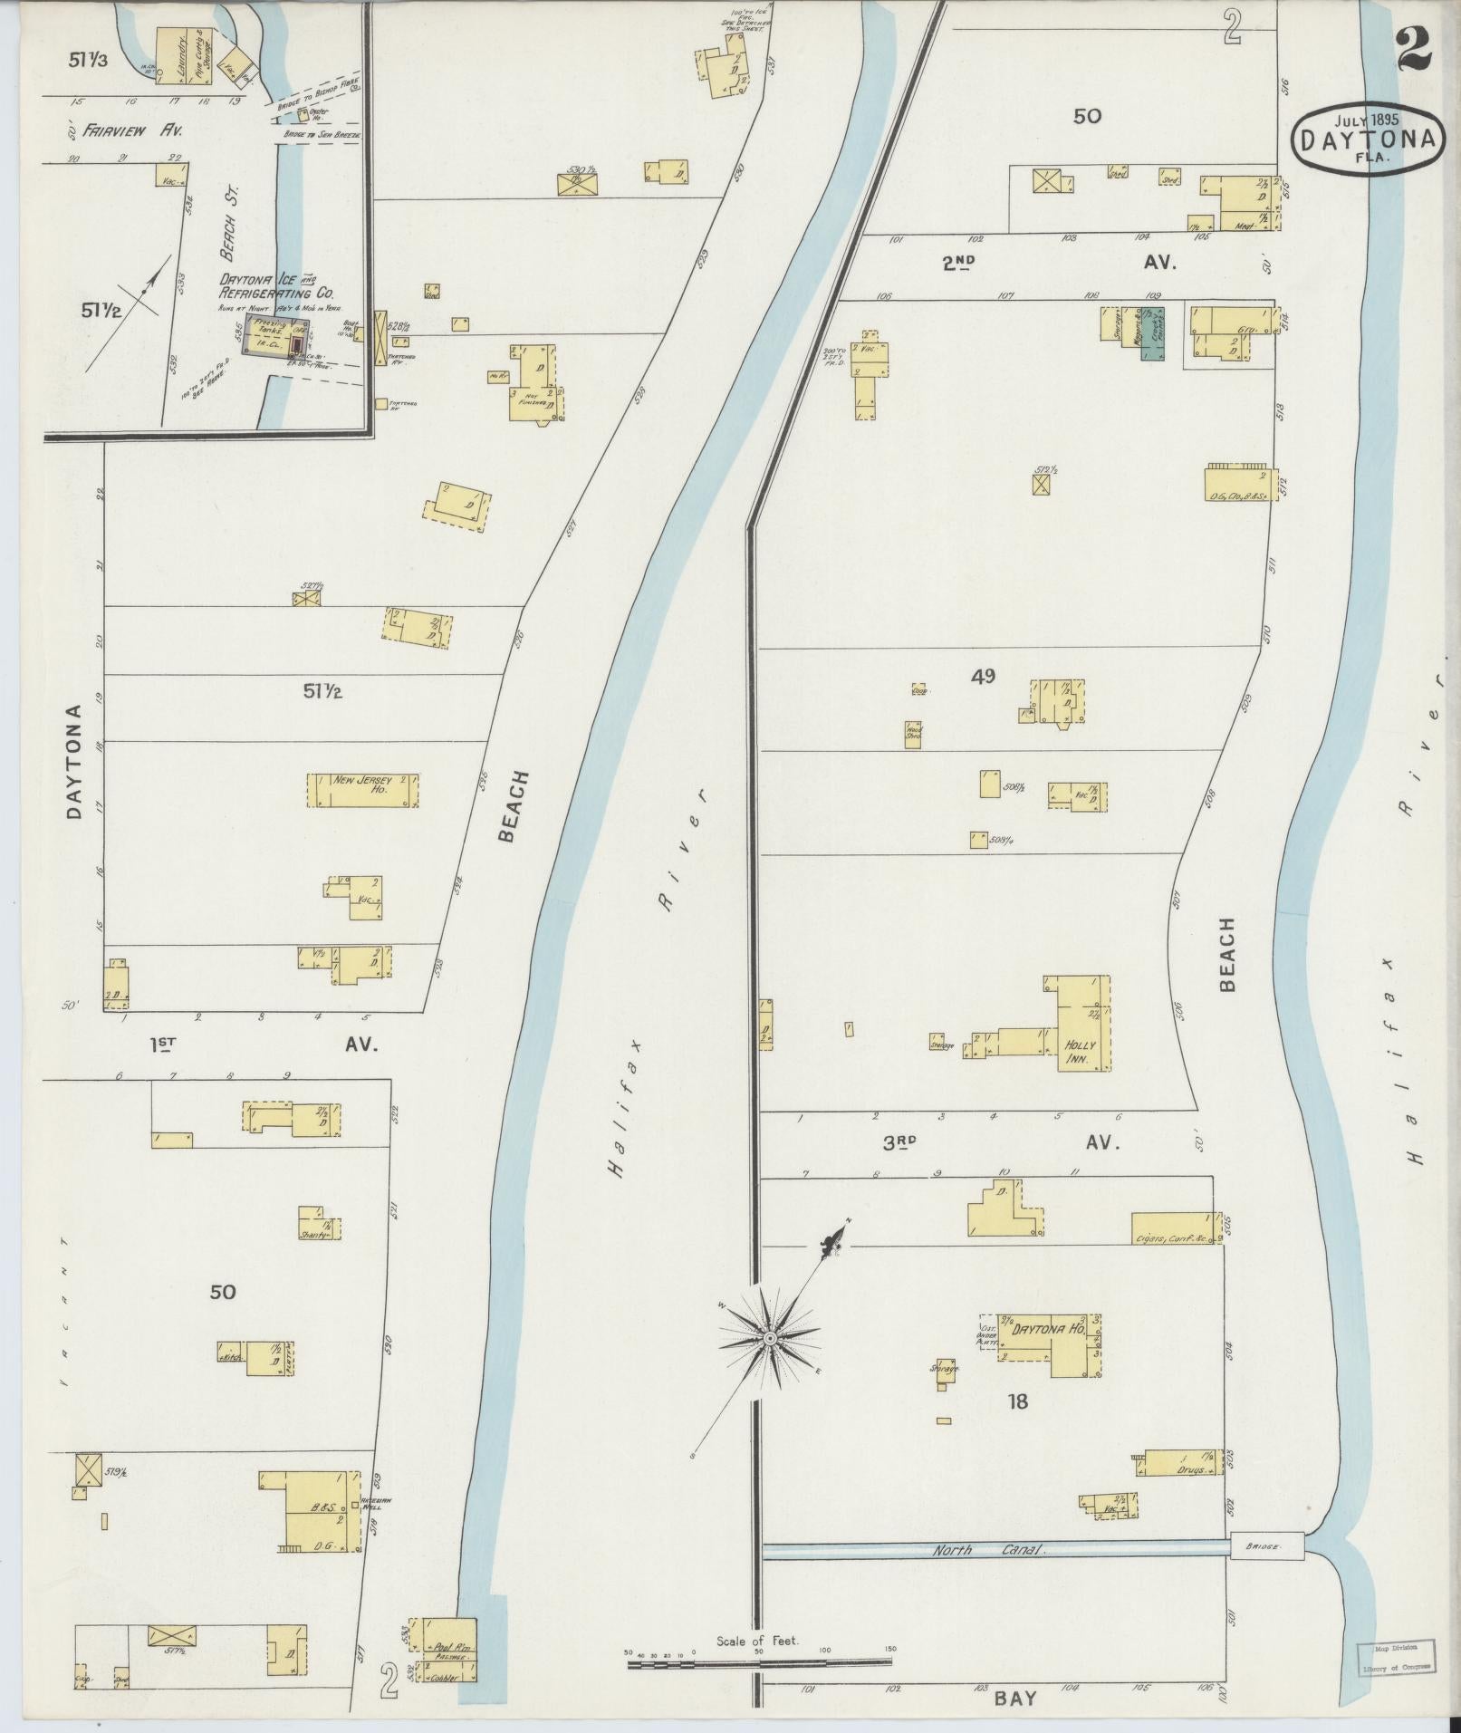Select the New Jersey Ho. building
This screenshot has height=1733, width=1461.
(x=362, y=785)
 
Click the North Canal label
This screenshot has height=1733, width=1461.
(x=989, y=1550)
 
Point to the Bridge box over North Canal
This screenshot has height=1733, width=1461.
(x=1266, y=1546)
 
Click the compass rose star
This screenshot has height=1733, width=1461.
(x=769, y=1338)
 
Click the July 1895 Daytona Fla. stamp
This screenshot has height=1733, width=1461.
(x=1368, y=138)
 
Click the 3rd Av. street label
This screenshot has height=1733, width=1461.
(x=1001, y=1143)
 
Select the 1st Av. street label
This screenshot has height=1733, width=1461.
(x=263, y=1045)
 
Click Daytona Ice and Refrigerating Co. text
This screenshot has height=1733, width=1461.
(x=276, y=286)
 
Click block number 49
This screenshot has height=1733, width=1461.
(x=983, y=675)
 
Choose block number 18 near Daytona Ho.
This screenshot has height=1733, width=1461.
(x=1017, y=1401)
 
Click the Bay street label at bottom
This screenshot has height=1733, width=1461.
(x=1014, y=1699)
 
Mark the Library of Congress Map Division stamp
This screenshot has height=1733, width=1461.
(x=1394, y=1658)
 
